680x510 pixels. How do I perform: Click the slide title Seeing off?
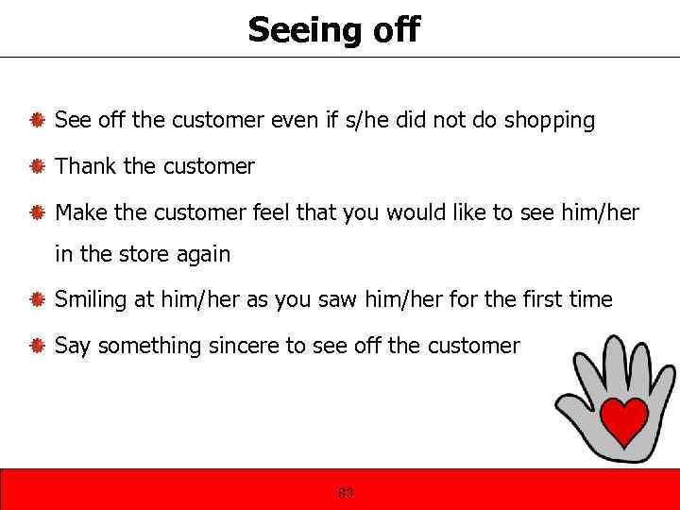[333, 29]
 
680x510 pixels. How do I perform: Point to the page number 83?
[346, 493]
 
